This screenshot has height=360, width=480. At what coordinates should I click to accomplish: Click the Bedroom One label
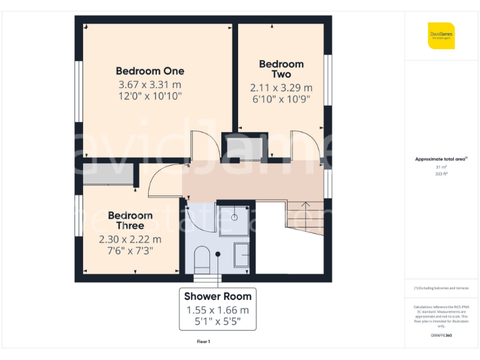point(150,71)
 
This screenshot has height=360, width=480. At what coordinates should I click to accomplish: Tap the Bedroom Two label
point(281,69)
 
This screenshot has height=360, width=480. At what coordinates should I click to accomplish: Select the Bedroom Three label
point(130,220)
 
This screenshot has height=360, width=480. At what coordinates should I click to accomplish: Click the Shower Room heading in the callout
point(217,296)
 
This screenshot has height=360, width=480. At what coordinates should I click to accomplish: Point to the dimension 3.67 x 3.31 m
point(150,84)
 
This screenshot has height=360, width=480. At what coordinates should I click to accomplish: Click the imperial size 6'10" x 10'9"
point(281,99)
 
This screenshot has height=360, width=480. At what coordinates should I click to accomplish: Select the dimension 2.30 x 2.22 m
point(130,239)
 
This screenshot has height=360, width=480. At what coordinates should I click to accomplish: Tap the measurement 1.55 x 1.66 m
point(217,310)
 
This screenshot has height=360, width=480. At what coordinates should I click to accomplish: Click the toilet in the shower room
point(202,258)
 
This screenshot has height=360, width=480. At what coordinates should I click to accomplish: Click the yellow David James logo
point(441,36)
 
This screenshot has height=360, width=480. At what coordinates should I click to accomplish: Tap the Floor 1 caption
point(204,341)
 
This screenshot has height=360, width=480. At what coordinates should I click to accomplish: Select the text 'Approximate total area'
point(439,159)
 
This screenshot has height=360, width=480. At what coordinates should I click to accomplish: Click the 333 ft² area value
point(441,174)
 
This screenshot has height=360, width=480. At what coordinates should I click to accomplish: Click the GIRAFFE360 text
point(441,336)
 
